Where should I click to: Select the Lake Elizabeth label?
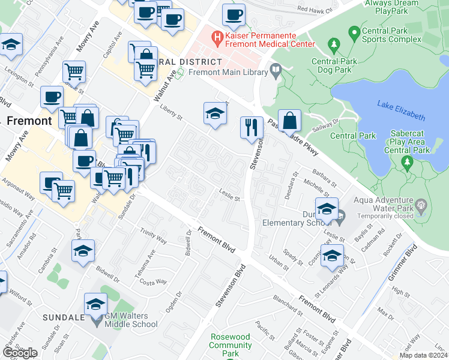coord(401,112)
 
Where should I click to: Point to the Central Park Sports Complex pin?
coord(354,31)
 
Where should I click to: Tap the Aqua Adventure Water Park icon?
coord(420,206)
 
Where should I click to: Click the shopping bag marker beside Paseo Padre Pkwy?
coord(290,121)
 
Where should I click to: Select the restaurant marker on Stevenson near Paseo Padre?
coord(252,127)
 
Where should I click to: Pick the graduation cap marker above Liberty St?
coord(214,113)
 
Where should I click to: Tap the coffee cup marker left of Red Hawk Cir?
coord(234,14)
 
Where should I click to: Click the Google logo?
coord(20,353)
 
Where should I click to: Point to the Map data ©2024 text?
coord(423,355)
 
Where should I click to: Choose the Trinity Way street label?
coord(152,236)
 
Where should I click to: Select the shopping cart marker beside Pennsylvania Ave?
coord(74,71)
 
